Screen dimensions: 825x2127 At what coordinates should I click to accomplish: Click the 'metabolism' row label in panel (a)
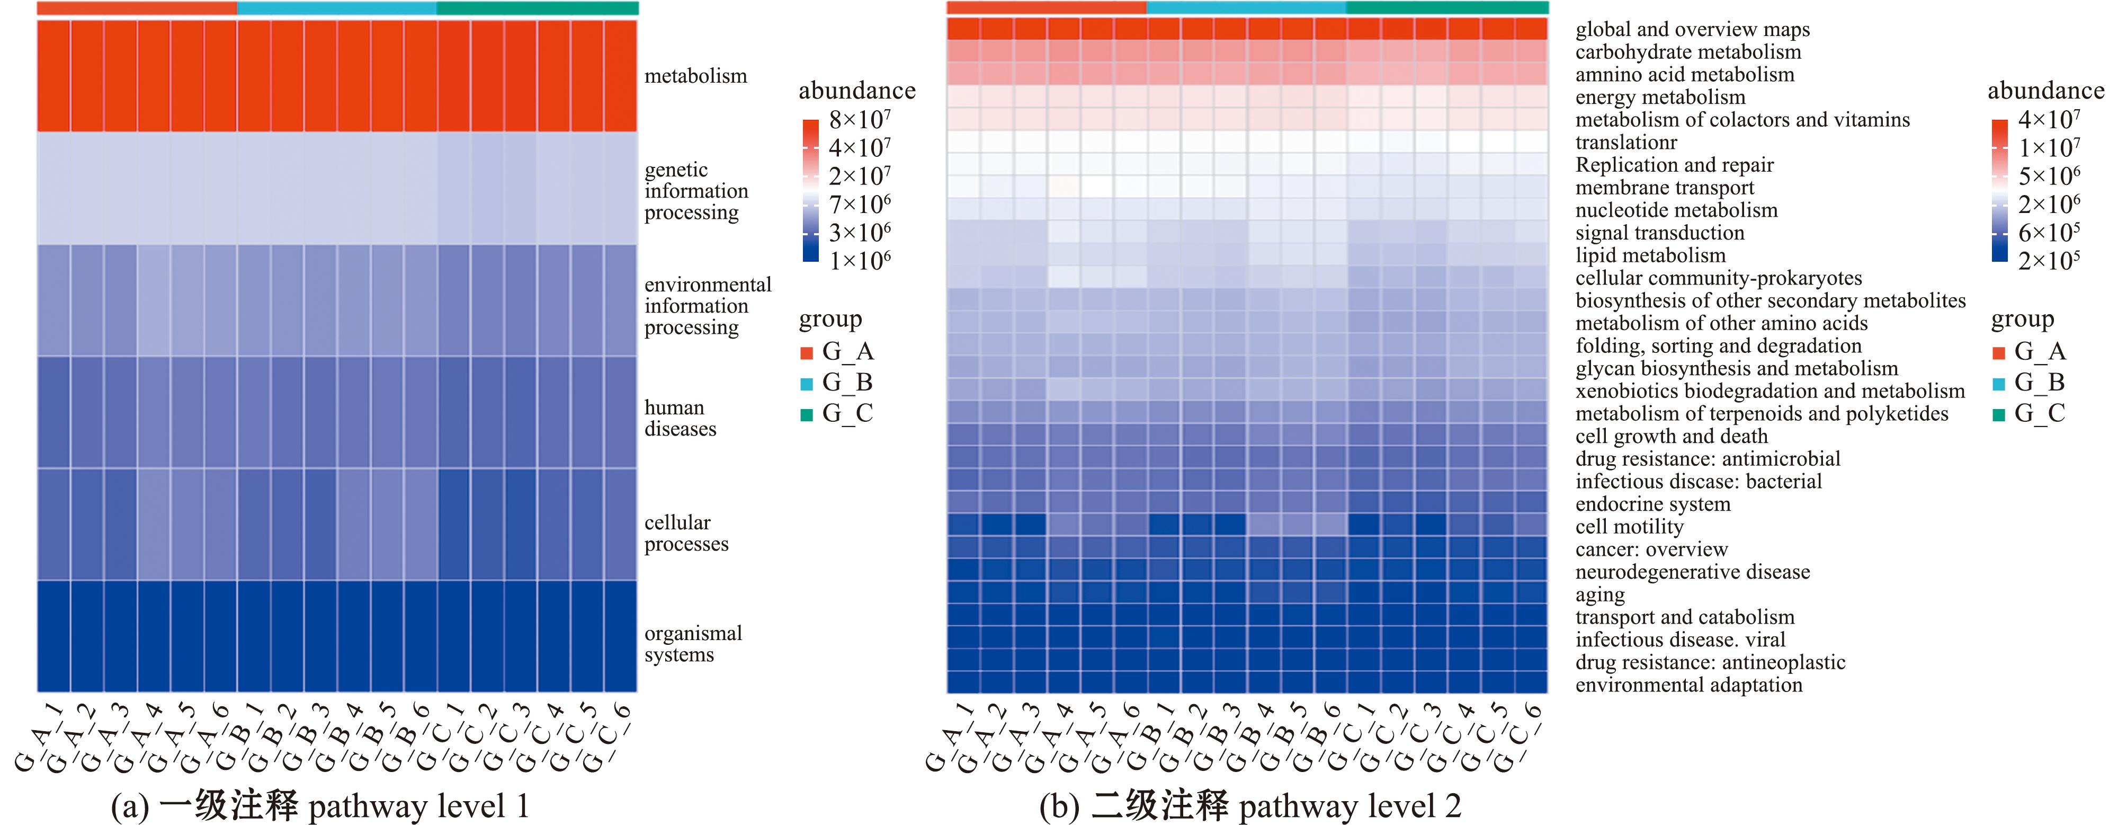coord(695,76)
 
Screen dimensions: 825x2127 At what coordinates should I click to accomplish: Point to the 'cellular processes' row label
coord(686,533)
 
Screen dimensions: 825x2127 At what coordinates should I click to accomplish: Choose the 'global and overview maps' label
coord(1692,30)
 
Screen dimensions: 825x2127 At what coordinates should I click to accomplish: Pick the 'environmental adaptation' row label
coord(1688,685)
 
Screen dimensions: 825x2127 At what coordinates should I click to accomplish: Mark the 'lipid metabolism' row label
coord(1650,255)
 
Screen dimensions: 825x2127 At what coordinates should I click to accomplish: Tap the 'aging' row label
coord(1599,595)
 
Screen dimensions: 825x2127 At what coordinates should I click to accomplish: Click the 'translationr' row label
coord(1626,142)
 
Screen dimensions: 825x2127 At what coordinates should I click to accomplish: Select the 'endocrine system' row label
coord(1652,504)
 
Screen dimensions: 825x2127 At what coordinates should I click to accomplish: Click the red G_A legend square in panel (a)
coord(807,353)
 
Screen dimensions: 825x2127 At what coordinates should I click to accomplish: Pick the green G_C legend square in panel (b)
coord(1998,414)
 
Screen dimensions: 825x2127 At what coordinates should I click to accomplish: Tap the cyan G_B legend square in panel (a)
coord(807,383)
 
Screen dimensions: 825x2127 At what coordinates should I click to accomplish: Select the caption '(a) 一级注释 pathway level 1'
coord(319,805)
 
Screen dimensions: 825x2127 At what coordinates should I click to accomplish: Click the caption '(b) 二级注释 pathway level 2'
coord(1249,805)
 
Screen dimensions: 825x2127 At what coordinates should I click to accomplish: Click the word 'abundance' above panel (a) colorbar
coord(856,90)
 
